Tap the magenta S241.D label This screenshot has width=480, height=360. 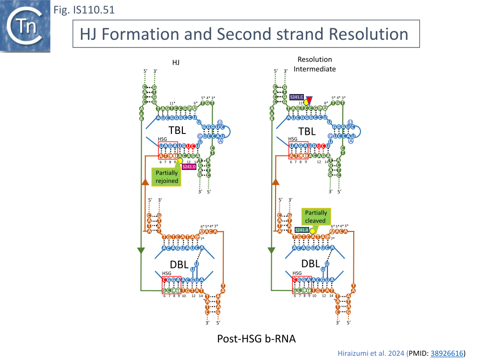(189, 167)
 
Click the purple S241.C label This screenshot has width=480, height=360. (297, 97)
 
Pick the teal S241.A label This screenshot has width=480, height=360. (302, 230)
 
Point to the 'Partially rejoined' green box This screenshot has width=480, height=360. (166, 177)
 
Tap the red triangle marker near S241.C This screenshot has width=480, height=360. (310, 99)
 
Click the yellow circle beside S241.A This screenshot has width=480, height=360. (312, 231)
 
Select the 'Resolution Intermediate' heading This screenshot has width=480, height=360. (315, 64)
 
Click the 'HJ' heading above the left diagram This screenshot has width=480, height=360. (176, 62)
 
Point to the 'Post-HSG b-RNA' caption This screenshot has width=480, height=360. (256, 338)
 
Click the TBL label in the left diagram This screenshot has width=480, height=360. (177, 131)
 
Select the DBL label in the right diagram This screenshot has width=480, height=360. (310, 264)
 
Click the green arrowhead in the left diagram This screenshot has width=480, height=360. (141, 250)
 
